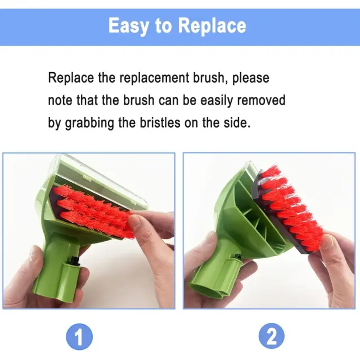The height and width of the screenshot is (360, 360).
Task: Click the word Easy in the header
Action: [128, 26]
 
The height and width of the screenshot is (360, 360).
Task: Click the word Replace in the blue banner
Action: [212, 26]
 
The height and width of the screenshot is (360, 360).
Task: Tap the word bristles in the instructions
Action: [160, 123]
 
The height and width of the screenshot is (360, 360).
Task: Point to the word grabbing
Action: [90, 123]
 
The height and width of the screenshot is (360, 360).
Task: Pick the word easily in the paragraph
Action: [217, 101]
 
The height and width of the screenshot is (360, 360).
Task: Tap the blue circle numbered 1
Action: [79, 337]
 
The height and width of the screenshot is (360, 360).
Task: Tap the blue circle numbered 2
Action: [271, 336]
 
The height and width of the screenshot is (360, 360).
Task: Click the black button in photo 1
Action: [74, 261]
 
